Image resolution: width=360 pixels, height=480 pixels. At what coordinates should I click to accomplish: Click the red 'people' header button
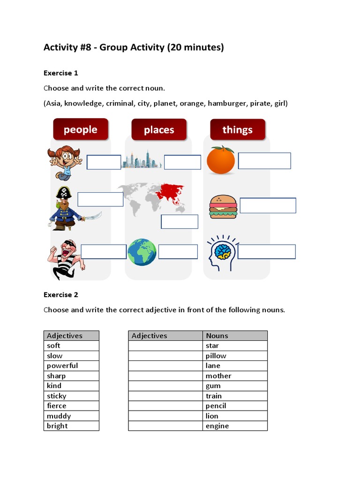(81, 129)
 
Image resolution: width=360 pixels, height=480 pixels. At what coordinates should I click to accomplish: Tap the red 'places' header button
(159, 129)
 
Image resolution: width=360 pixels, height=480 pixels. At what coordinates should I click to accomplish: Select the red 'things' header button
(237, 129)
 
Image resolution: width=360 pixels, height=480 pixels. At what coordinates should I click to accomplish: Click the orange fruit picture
(221, 160)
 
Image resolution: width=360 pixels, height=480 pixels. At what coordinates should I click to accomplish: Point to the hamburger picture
(223, 206)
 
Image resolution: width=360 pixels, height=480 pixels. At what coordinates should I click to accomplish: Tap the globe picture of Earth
(142, 252)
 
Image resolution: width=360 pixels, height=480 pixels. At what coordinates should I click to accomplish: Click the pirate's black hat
(63, 193)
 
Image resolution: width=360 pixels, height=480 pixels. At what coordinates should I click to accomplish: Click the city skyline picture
(142, 160)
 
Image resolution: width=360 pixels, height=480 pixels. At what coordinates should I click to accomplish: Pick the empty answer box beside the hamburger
(268, 205)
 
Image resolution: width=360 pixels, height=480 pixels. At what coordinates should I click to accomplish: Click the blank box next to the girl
(104, 162)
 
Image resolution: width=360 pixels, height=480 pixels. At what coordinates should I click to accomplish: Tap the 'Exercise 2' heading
(61, 295)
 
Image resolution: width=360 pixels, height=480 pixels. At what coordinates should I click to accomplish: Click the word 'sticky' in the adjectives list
(57, 396)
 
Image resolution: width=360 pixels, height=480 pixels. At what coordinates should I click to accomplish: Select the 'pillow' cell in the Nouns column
(216, 356)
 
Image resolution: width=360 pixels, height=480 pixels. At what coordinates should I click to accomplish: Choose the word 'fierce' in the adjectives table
(57, 406)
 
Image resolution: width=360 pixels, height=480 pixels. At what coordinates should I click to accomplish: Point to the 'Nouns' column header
(217, 336)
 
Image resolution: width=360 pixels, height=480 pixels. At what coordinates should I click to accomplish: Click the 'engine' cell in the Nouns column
(217, 426)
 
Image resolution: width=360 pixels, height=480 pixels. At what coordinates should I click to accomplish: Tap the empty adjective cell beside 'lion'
(165, 416)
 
